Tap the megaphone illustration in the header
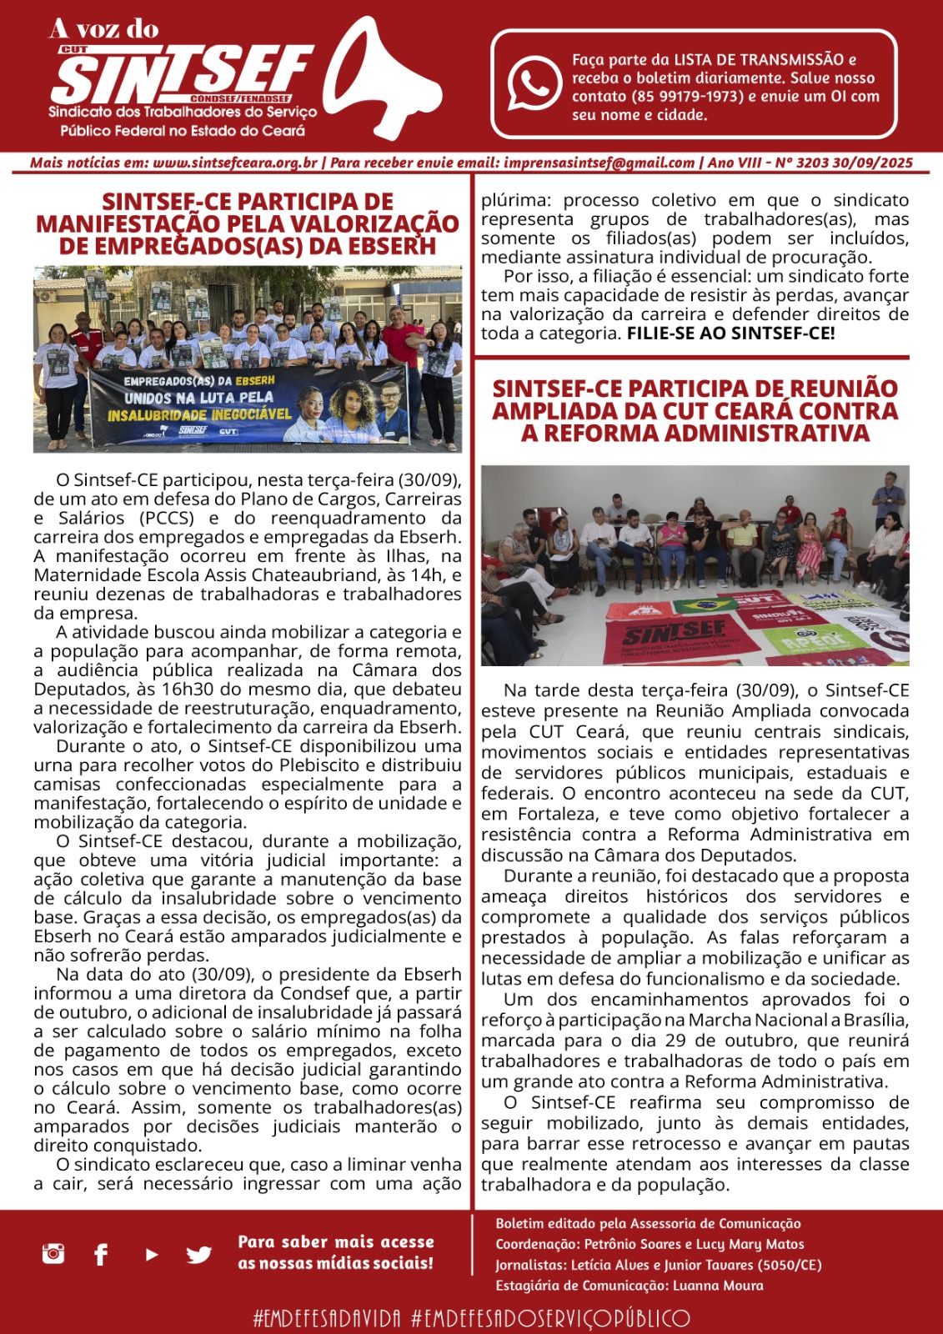pos(392,79)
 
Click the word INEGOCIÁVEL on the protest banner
pos(246,413)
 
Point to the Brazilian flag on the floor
pos(705,604)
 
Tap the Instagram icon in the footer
pos(53,1253)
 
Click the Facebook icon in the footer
pos(101,1254)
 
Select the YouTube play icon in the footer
pos(152,1254)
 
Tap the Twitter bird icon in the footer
pos(198,1254)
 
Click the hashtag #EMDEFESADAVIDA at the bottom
pos(327,1318)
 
